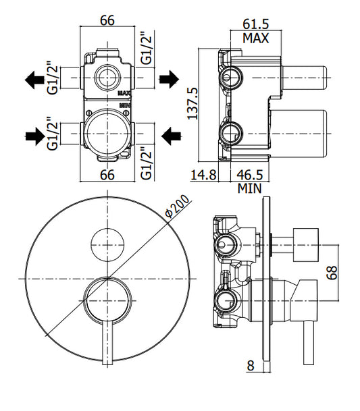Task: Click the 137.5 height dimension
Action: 192,103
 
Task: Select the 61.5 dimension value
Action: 256,24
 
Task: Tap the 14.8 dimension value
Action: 203,175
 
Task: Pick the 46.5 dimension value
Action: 249,175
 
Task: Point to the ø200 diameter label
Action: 177,206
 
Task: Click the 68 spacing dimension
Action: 332,273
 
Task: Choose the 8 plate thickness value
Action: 251,366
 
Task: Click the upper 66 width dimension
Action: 107,20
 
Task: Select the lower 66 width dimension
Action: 107,175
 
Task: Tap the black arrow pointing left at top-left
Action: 34,80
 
